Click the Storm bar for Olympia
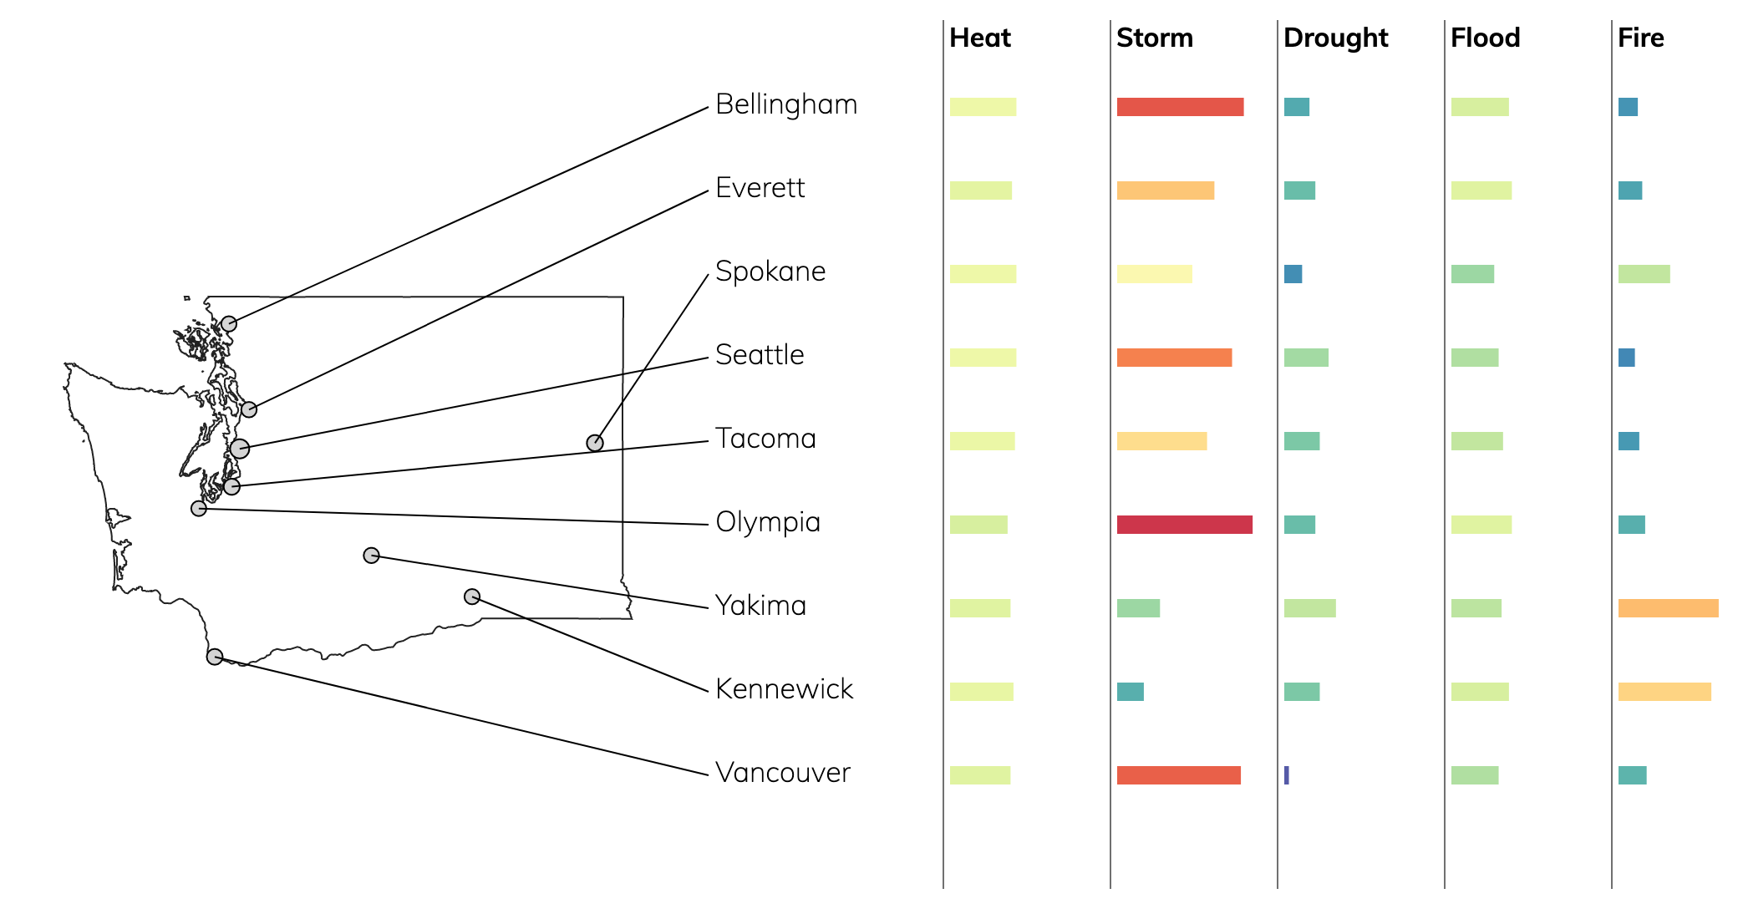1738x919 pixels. (1185, 525)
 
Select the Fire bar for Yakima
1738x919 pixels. (1669, 608)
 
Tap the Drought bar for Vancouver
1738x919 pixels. (1287, 775)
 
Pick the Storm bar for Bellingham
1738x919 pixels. (1181, 107)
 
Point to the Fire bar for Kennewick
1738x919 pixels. (1664, 692)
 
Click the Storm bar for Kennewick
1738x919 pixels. (1131, 692)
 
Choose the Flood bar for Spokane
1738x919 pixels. (1473, 274)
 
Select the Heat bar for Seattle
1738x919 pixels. (983, 358)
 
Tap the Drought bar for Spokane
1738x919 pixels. (1293, 274)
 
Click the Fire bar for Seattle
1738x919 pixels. (1627, 358)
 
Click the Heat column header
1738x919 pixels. (980, 38)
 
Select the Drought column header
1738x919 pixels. (1336, 38)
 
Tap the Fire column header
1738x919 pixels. (1641, 38)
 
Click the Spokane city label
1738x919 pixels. (770, 272)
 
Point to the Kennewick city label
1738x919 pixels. (785, 689)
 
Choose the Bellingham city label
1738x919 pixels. (786, 105)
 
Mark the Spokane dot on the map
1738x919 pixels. (595, 443)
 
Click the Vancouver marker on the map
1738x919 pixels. (215, 657)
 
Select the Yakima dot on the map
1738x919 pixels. (372, 556)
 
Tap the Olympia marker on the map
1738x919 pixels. (199, 508)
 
